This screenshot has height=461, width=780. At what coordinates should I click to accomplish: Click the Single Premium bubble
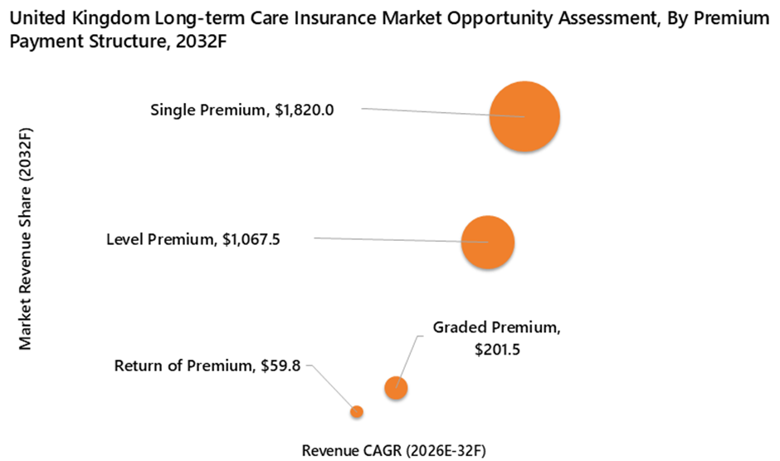click(524, 117)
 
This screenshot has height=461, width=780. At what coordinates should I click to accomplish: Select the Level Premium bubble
click(488, 243)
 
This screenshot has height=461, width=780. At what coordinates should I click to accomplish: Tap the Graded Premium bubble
click(397, 387)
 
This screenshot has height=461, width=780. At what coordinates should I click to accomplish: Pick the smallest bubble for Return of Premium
click(357, 411)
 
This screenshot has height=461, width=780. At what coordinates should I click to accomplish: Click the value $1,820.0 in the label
click(305, 110)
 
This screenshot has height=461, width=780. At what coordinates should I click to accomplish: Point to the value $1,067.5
click(251, 240)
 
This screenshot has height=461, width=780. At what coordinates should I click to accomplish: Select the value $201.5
click(497, 350)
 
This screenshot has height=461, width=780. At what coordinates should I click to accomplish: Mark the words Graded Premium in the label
click(495, 327)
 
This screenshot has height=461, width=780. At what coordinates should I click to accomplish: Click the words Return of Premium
click(183, 365)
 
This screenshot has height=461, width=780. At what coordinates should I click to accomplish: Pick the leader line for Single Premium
click(423, 112)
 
